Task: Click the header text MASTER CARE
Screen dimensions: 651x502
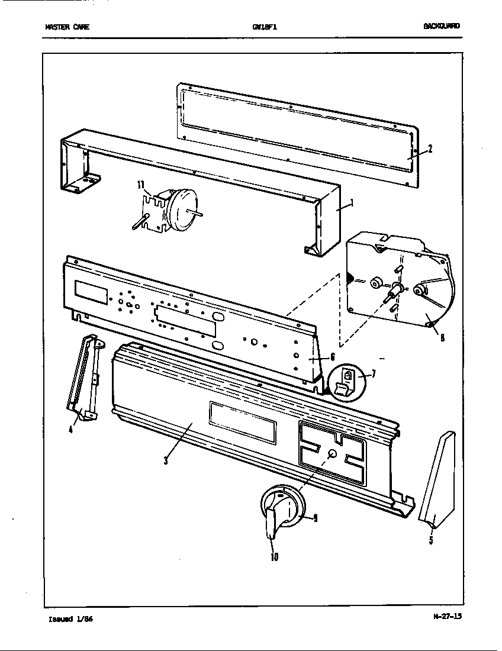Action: pyautogui.click(x=67, y=27)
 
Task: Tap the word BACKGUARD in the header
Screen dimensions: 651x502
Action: pyautogui.click(x=441, y=26)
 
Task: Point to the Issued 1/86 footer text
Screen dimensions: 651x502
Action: pyautogui.click(x=70, y=619)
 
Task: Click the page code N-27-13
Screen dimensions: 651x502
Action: pyautogui.click(x=447, y=616)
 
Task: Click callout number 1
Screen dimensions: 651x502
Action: pyautogui.click(x=353, y=204)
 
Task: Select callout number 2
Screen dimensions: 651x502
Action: pyautogui.click(x=430, y=149)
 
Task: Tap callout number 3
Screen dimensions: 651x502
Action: pyautogui.click(x=166, y=461)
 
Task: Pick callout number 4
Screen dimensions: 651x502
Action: pyautogui.click(x=70, y=430)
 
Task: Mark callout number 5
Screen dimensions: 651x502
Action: pyautogui.click(x=431, y=540)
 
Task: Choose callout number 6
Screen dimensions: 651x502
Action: pyautogui.click(x=333, y=357)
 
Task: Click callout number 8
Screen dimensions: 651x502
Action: pyautogui.click(x=442, y=339)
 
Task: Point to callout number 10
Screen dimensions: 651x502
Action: pyautogui.click(x=275, y=556)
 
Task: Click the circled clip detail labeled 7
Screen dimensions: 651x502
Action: pyautogui.click(x=346, y=381)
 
